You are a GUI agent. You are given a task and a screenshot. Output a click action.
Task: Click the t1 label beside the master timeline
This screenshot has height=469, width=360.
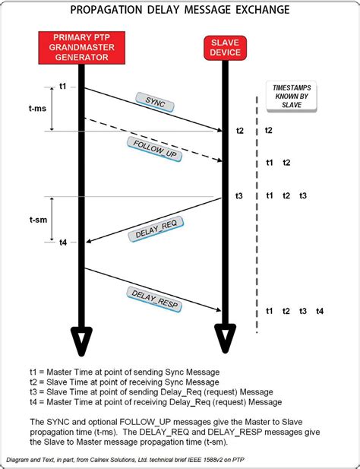pyautogui.click(x=63, y=87)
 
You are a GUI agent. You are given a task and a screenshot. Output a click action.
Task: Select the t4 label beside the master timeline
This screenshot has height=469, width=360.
pyautogui.click(x=63, y=242)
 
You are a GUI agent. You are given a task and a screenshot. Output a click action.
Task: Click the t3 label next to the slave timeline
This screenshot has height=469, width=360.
pyautogui.click(x=238, y=196)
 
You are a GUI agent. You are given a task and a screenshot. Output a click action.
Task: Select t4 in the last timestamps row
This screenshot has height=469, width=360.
pyautogui.click(x=320, y=311)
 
